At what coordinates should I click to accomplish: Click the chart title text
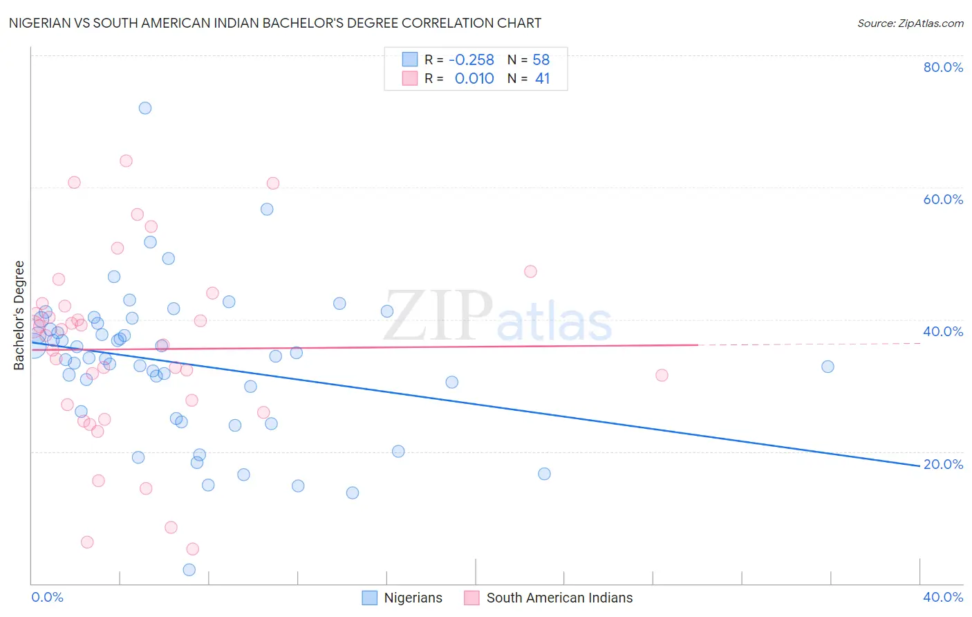click(x=275, y=23)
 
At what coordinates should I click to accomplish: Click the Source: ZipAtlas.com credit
click(x=910, y=24)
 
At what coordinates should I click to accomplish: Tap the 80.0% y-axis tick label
click(x=943, y=67)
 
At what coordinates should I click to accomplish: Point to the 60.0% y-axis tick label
click(x=943, y=199)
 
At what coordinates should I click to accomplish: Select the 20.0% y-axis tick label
click(x=943, y=464)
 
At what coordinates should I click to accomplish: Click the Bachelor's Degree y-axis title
click(x=19, y=315)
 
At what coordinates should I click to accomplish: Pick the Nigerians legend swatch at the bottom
click(x=370, y=598)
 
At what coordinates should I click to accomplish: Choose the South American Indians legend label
click(x=559, y=598)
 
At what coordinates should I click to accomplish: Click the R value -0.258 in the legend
click(x=471, y=60)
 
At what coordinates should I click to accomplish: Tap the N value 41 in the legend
click(x=542, y=79)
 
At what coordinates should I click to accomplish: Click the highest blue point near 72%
click(x=145, y=108)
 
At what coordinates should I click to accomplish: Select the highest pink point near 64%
click(x=126, y=161)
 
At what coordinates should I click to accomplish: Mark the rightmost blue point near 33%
click(x=828, y=367)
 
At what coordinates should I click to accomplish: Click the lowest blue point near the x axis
click(x=189, y=570)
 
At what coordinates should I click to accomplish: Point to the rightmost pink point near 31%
click(x=662, y=376)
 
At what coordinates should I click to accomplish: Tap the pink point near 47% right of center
click(x=530, y=272)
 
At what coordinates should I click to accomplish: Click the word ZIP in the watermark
click(x=438, y=317)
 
